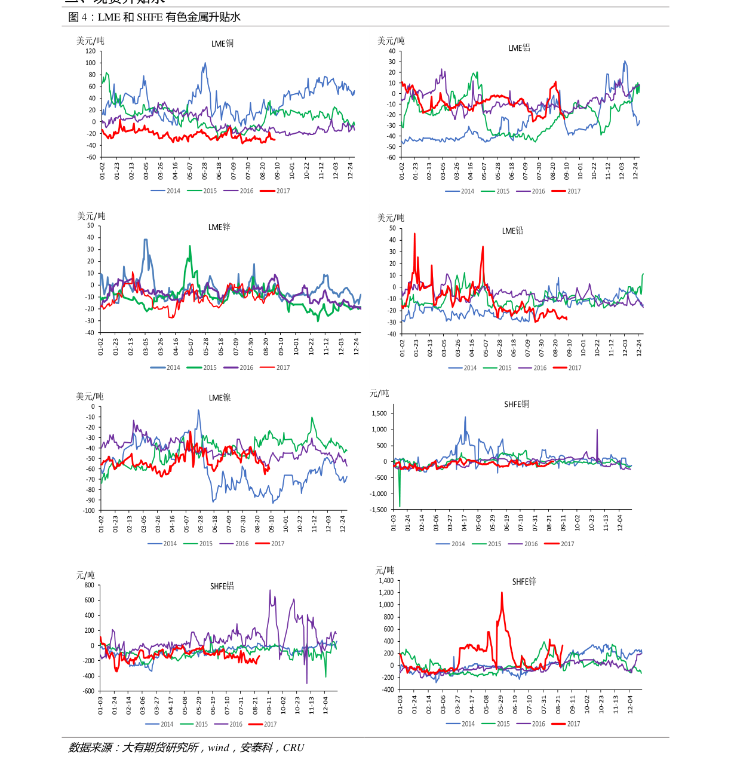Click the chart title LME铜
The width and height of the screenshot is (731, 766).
click(x=222, y=44)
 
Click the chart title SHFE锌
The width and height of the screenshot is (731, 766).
click(x=524, y=581)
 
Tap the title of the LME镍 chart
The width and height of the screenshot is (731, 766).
click(x=220, y=398)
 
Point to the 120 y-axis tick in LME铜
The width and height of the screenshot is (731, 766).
click(x=90, y=51)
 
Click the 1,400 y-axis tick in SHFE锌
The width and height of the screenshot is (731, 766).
click(x=386, y=581)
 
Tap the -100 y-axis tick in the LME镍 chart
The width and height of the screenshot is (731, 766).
click(x=88, y=511)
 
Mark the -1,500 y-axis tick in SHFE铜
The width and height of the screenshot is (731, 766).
click(x=378, y=510)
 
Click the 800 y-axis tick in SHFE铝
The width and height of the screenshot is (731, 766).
click(x=89, y=586)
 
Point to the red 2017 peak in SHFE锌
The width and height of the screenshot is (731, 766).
click(x=502, y=593)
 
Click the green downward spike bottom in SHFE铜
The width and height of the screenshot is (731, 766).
click(x=400, y=506)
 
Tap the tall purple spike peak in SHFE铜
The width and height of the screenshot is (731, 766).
click(x=597, y=430)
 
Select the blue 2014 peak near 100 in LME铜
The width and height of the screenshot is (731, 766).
click(x=205, y=63)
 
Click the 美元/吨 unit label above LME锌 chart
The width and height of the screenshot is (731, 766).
click(x=91, y=216)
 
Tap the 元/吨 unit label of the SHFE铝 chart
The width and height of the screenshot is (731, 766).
click(x=85, y=575)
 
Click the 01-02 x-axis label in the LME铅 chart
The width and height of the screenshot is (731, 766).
click(x=403, y=347)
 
